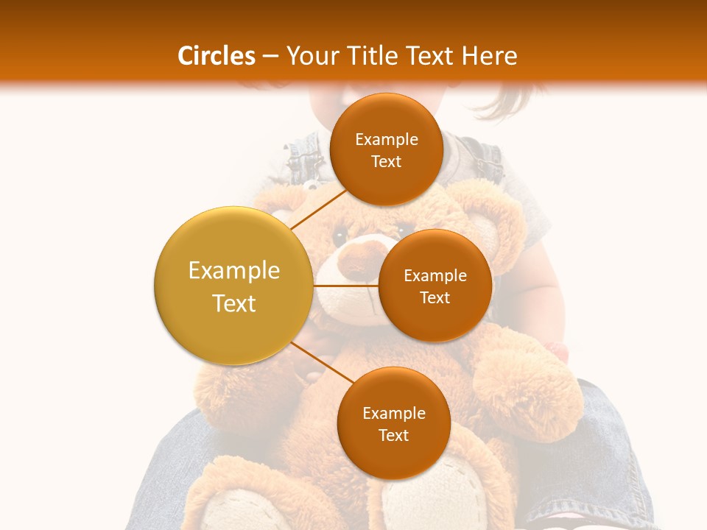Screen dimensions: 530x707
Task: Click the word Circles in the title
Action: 217,56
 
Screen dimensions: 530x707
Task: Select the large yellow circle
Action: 233,286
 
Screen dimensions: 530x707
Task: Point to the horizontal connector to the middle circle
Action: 346,286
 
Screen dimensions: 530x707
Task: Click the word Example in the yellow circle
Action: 234,271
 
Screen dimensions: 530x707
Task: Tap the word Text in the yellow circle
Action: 234,303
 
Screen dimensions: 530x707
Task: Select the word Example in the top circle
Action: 387,140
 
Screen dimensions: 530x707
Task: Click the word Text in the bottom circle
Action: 393,435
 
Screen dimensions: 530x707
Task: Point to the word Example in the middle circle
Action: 435,276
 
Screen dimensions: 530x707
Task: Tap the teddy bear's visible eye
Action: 340,237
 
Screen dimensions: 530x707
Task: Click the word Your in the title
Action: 309,56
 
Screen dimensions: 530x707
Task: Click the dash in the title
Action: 270,56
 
